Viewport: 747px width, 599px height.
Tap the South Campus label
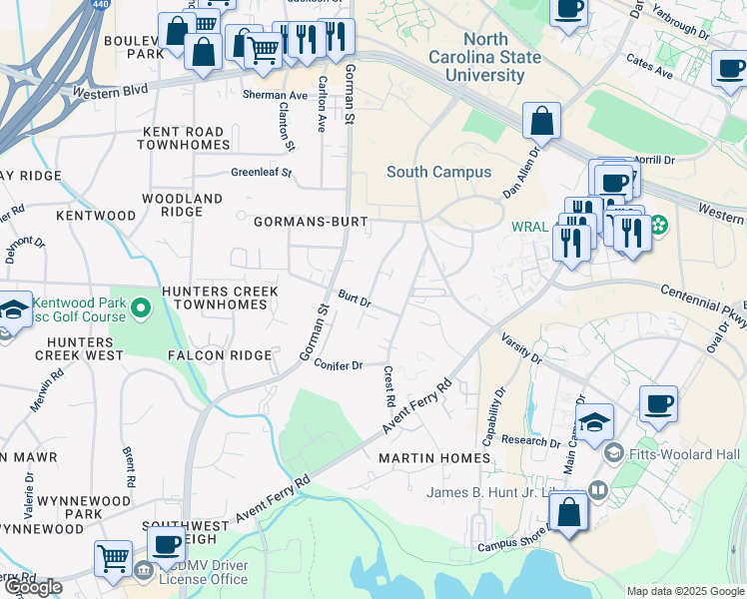pos(438,172)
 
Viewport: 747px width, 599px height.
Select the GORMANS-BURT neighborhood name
pos(311,221)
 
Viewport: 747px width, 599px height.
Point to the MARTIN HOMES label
pos(434,458)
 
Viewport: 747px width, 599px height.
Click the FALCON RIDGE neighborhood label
pos(220,355)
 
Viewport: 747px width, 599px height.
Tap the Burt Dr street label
pos(354,299)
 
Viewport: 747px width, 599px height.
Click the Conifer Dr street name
pos(338,365)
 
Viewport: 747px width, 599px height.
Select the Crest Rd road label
pos(388,385)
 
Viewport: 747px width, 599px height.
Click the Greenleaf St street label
pos(261,172)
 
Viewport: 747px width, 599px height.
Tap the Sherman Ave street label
pos(275,96)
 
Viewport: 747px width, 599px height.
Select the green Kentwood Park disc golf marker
pos(141,309)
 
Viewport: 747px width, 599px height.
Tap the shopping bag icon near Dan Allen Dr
pos(540,121)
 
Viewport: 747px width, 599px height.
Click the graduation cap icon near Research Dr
pos(594,421)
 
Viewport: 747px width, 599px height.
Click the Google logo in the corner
pos(33,587)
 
